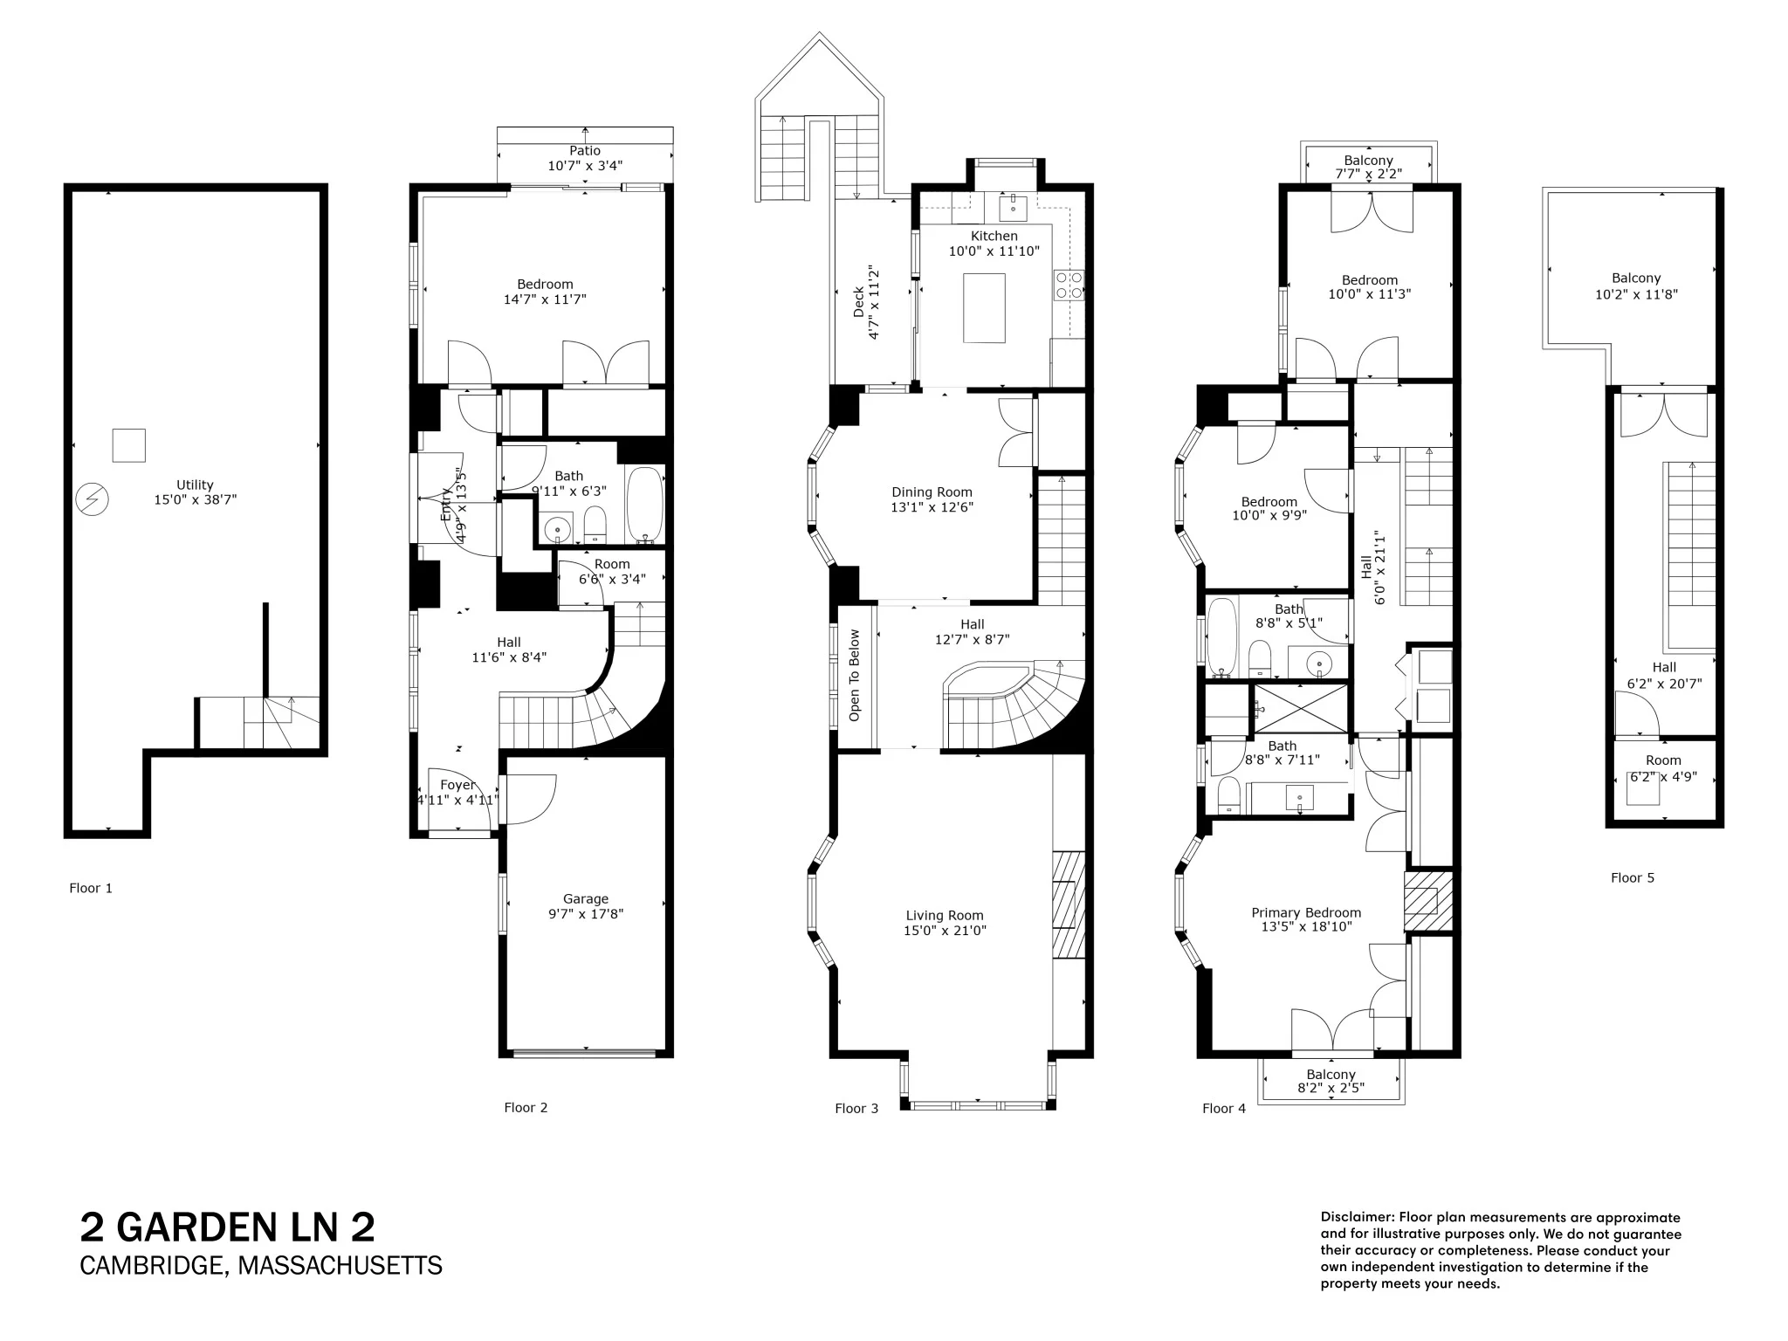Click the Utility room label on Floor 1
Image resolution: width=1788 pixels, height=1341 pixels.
tap(195, 485)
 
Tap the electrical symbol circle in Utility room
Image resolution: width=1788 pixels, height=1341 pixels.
tap(92, 499)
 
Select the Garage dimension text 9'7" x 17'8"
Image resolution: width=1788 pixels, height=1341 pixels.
tap(585, 914)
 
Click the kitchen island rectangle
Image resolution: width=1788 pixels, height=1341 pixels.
tap(984, 307)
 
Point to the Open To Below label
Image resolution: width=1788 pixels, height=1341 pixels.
tap(855, 676)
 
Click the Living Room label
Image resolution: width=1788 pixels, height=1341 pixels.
tap(945, 916)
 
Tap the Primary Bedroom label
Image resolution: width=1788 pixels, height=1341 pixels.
tap(1306, 912)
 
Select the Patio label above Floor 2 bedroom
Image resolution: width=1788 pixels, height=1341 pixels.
tap(585, 151)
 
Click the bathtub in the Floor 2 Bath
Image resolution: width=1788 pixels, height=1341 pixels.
tap(645, 505)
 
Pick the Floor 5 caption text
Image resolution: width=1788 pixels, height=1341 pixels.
tap(1632, 878)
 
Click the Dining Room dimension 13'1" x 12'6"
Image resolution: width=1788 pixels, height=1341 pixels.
tap(932, 507)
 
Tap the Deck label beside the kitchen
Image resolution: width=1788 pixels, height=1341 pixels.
tap(859, 302)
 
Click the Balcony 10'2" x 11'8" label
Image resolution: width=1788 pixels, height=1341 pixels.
tap(1636, 279)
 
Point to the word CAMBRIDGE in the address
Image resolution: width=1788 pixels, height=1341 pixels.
tap(152, 1265)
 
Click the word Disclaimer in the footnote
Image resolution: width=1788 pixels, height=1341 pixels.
tap(1357, 1217)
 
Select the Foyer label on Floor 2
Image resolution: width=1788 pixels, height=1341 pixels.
tap(457, 785)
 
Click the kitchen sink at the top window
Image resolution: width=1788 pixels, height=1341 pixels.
tap(1013, 209)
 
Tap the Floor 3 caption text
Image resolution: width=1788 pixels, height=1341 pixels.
tap(856, 1109)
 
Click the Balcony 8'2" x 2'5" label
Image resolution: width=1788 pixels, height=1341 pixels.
tap(1331, 1075)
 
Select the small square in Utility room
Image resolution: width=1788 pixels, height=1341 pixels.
tap(129, 445)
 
